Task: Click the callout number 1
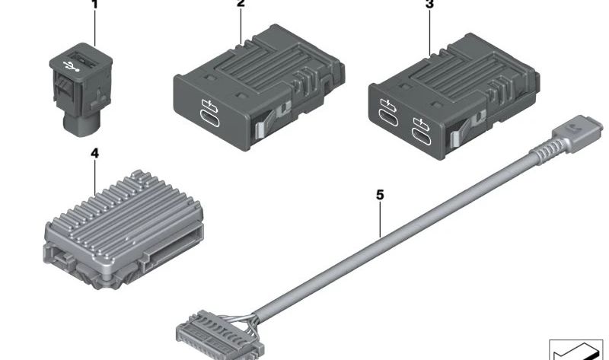coord(94,4)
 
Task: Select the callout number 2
coord(241,4)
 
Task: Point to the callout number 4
coord(94,153)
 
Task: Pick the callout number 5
coord(380,195)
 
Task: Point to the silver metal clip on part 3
coord(454,139)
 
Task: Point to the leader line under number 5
coord(380,217)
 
